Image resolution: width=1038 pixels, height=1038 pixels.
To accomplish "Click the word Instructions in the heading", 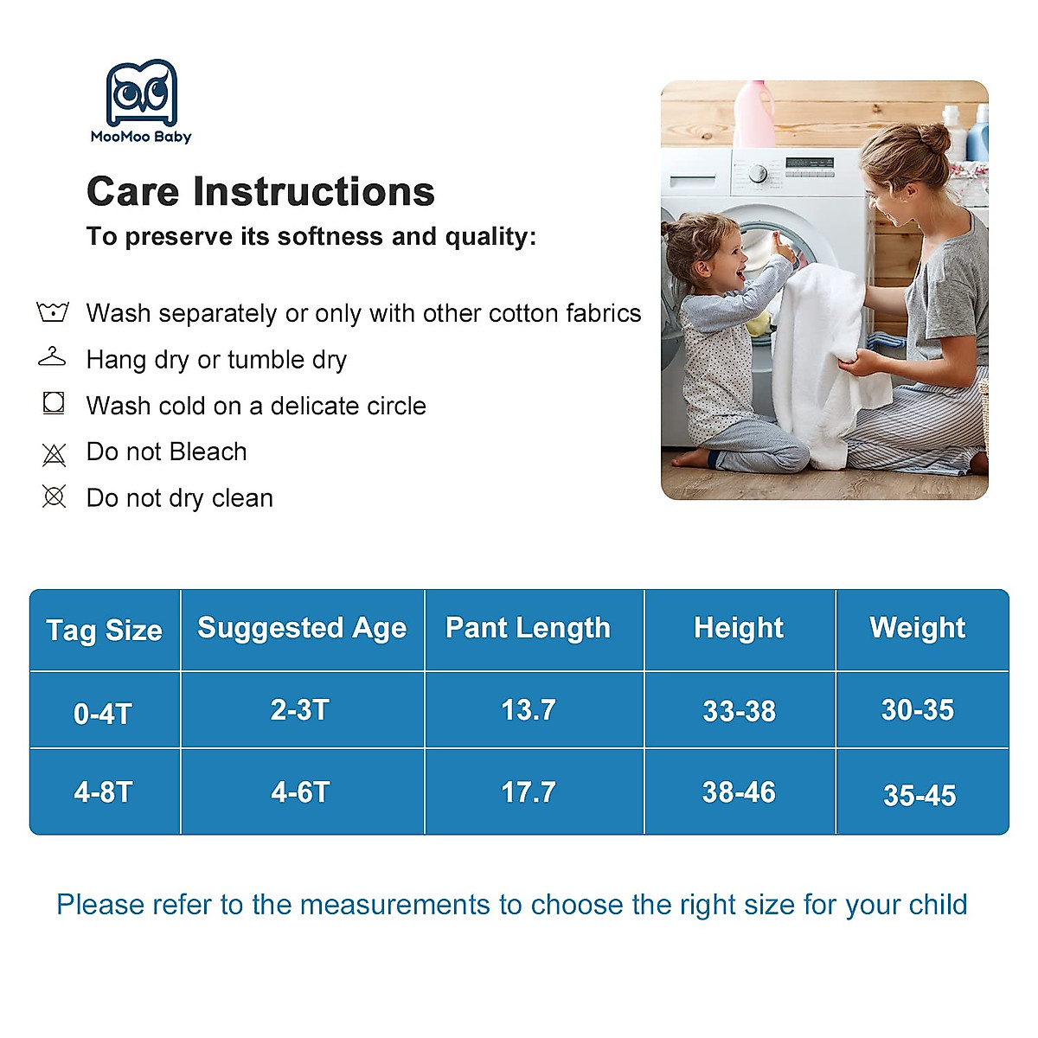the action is pyautogui.click(x=313, y=191).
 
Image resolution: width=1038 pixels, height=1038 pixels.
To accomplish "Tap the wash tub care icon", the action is pyautogui.click(x=53, y=311).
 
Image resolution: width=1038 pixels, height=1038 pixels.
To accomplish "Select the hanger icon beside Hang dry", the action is pyautogui.click(x=52, y=357).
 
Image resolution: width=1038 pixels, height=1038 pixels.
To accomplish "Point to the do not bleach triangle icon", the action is pyautogui.click(x=54, y=454).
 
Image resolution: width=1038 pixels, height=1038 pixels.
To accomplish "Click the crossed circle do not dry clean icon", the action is pyautogui.click(x=54, y=497).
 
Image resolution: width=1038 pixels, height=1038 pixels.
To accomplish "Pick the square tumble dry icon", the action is pyautogui.click(x=54, y=403).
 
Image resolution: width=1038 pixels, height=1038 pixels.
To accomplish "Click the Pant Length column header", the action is pyautogui.click(x=528, y=628).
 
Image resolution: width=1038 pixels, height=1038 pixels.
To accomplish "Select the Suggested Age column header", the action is pyautogui.click(x=302, y=629).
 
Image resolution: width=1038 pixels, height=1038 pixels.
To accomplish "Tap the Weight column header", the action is pyautogui.click(x=918, y=628).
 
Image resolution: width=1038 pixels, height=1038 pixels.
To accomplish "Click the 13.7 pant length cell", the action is pyautogui.click(x=528, y=709).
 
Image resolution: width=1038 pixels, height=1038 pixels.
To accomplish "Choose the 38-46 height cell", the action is pyautogui.click(x=739, y=791).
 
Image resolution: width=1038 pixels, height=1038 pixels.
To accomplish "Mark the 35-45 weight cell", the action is pyautogui.click(x=919, y=795).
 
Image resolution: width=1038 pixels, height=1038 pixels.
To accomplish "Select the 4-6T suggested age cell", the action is pyautogui.click(x=300, y=791).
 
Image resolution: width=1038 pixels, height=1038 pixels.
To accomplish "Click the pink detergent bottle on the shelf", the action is pyautogui.click(x=754, y=114).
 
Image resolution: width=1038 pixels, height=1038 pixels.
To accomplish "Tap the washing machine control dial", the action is pyautogui.click(x=758, y=174).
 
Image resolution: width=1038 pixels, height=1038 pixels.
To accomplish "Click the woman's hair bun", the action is pyautogui.click(x=935, y=138).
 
